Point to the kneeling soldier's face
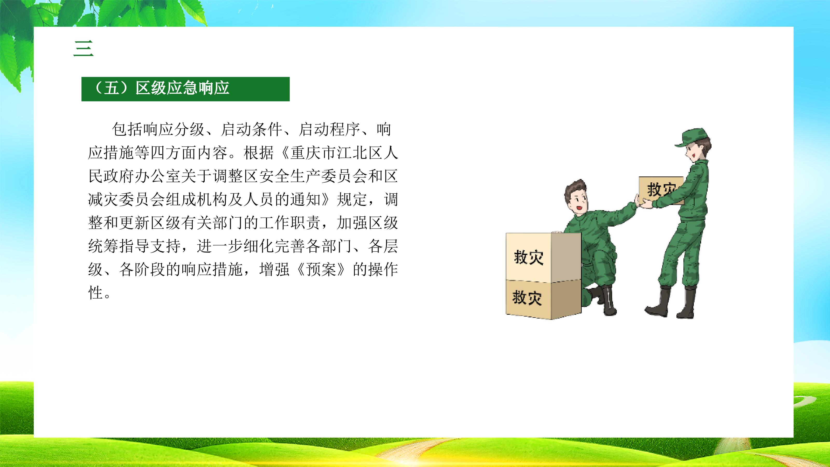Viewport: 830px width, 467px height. point(579,205)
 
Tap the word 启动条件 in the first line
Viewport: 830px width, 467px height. point(251,129)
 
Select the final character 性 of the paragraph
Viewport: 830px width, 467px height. point(96,293)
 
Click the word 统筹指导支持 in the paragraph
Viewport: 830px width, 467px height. point(134,246)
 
